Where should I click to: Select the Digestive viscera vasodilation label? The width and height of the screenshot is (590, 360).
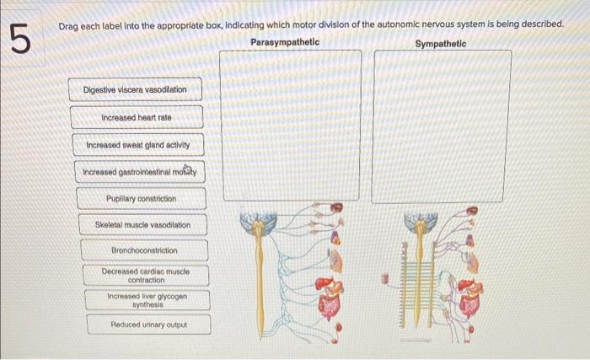[x=135, y=89]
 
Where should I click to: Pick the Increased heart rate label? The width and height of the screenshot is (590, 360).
[x=137, y=117]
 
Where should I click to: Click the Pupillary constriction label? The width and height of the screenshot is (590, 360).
[x=142, y=199]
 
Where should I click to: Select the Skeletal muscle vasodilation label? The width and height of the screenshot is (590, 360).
[x=142, y=225]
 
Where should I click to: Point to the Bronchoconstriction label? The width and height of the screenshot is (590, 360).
[x=145, y=251]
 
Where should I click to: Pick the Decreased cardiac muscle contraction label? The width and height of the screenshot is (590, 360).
[x=146, y=276]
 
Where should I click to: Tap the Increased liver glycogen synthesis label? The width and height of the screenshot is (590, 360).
[x=147, y=300]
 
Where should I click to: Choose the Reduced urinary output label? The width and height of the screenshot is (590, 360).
[x=149, y=325]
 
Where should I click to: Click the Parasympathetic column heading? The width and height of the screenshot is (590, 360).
[x=285, y=41]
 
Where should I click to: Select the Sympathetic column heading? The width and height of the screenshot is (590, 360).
[x=440, y=43]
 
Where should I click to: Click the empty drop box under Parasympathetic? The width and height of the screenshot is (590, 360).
[x=291, y=125]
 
